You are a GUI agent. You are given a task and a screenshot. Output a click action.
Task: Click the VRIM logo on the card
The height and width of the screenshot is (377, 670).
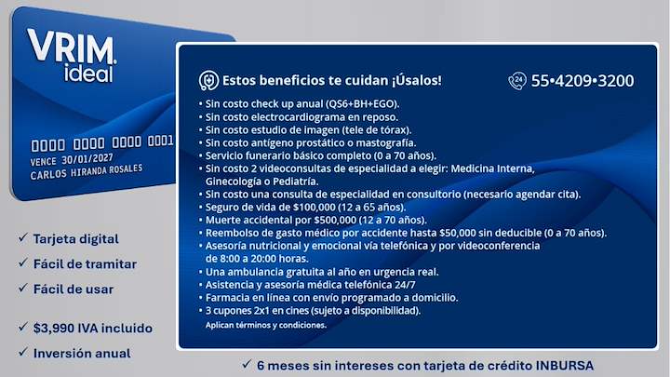point(72,47)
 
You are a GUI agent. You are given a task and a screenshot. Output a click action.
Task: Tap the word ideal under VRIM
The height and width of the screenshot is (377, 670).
point(89,74)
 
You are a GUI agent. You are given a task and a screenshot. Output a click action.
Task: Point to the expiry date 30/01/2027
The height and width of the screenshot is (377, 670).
point(87,159)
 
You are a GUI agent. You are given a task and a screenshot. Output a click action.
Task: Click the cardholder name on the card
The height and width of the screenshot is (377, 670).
point(87,172)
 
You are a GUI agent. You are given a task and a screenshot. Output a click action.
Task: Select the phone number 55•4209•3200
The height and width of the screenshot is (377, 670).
point(583,81)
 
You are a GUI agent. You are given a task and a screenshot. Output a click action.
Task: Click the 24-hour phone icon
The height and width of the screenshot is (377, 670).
point(517,81)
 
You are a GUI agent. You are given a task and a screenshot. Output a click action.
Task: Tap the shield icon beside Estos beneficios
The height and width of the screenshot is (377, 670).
point(209,80)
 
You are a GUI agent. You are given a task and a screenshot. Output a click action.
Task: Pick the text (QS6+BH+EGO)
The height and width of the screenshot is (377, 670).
point(362,104)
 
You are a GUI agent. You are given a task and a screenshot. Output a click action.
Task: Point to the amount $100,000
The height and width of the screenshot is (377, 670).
point(315,208)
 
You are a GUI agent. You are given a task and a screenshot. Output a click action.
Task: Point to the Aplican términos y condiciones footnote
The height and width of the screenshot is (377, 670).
point(266,325)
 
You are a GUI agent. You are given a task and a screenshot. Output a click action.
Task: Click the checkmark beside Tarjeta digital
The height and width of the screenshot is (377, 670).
point(23,237)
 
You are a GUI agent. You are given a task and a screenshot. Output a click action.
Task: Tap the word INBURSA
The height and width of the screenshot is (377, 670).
point(565,366)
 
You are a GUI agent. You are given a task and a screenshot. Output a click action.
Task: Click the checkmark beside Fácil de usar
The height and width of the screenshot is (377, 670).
point(23,288)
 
